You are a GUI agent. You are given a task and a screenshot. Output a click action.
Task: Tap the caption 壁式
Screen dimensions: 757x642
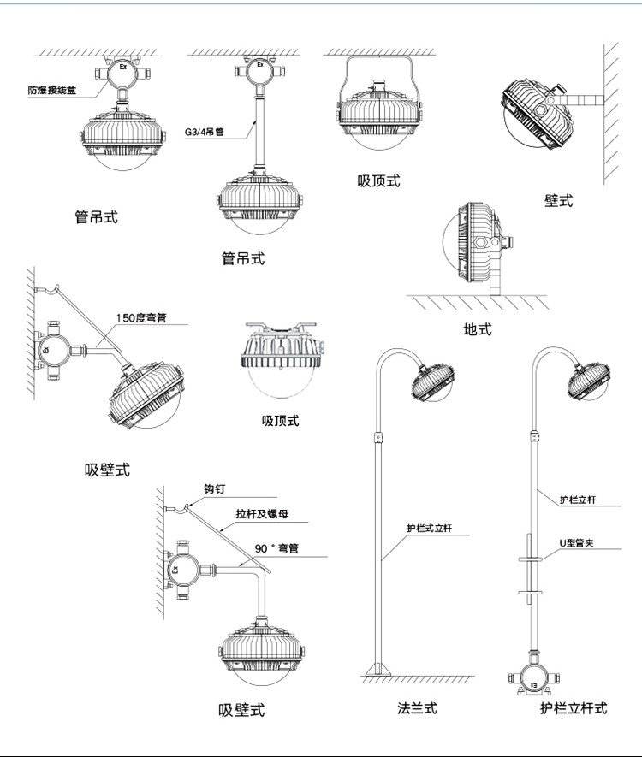(x=558, y=200)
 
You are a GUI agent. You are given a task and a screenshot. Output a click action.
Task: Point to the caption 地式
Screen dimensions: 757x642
(x=477, y=328)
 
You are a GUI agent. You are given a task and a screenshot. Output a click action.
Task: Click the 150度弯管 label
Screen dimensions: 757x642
(x=141, y=318)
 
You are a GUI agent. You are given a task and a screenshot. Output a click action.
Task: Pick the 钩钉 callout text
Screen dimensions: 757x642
(x=214, y=490)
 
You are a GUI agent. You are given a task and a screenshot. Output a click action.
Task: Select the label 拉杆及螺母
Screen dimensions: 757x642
(x=265, y=516)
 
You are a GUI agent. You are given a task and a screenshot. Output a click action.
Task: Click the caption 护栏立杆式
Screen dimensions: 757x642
(x=573, y=708)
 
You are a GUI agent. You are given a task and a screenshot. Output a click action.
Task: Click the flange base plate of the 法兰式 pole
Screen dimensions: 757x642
(x=379, y=668)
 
